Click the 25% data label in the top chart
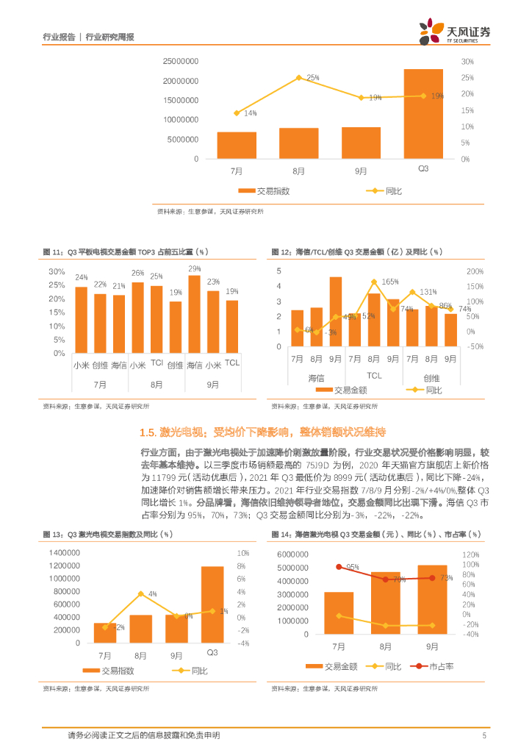(312, 77)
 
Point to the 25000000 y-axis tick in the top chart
(180, 61)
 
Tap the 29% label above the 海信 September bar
(194, 268)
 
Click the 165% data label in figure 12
(389, 282)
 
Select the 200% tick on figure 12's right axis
(475, 271)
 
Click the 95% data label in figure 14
(331, 567)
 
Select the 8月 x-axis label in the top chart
(298, 170)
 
